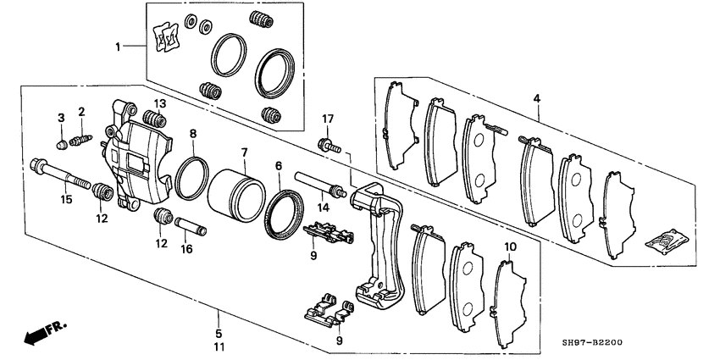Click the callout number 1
tap(119, 47)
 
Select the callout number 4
tap(536, 99)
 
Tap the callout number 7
tap(244, 152)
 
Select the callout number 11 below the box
tap(218, 347)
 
